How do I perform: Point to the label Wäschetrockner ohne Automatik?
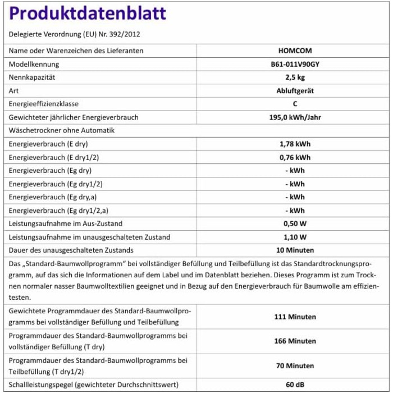click(62, 131)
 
